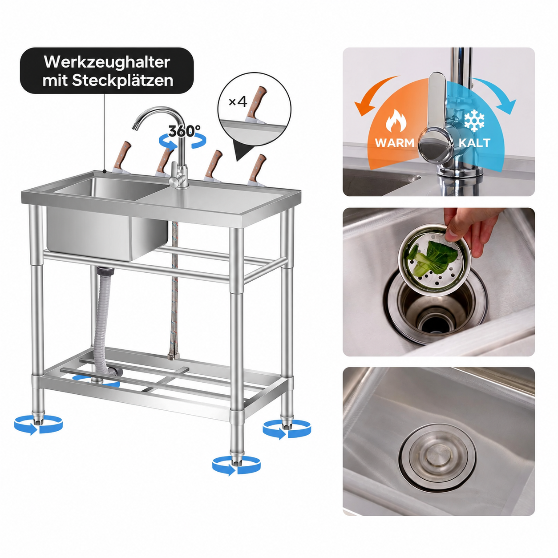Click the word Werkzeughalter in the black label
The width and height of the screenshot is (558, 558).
tap(107, 62)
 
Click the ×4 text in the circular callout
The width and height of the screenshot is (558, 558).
tap(238, 102)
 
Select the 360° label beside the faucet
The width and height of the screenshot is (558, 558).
tap(185, 131)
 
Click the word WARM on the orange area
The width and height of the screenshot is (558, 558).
tap(395, 142)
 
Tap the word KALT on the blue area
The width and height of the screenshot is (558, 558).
tap(474, 142)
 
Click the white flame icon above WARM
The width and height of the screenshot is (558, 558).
tap(396, 121)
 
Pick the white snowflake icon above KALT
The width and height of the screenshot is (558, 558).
tap(474, 119)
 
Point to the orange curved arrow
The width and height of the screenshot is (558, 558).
tap(373, 92)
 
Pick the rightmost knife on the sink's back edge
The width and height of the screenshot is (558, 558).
tap(257, 170)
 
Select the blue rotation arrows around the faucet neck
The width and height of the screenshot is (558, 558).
tap(183, 142)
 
